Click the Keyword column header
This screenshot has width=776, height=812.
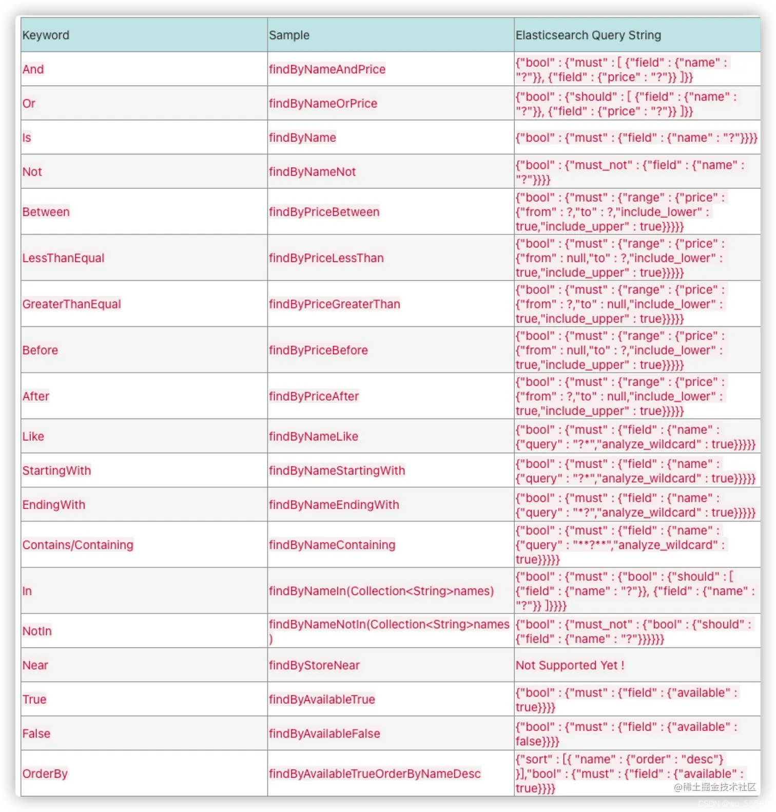(46, 35)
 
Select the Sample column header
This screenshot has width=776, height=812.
(289, 35)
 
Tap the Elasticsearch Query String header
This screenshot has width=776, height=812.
(588, 35)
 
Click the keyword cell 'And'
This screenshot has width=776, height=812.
(33, 69)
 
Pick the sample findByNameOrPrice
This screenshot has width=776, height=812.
(323, 103)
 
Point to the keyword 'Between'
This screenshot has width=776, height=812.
(46, 212)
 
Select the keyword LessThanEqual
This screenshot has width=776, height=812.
(63, 258)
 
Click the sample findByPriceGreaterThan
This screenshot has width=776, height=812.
(334, 304)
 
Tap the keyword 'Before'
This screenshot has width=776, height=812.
(40, 350)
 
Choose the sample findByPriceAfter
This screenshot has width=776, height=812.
(314, 396)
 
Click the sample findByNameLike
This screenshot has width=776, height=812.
(313, 436)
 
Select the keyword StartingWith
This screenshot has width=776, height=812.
(56, 471)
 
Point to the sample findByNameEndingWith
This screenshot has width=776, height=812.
(334, 505)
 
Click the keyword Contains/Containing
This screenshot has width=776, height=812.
(77, 545)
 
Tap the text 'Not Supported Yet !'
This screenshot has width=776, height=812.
(570, 665)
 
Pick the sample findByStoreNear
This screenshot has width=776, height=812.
(314, 665)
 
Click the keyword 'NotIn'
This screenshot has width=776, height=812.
(37, 631)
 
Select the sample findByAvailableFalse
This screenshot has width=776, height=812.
(324, 733)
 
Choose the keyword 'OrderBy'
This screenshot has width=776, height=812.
(45, 774)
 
